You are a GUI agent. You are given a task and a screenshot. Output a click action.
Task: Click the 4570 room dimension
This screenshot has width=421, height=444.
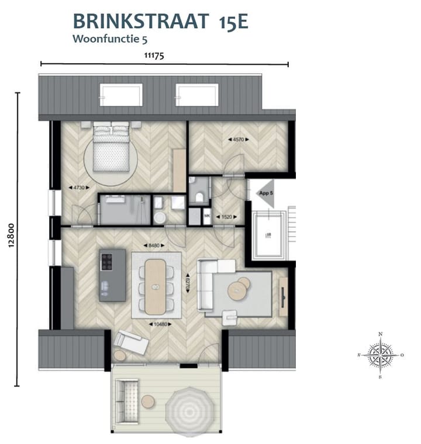coord(238,140)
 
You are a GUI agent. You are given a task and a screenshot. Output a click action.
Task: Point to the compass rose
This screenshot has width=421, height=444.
coord(381,355)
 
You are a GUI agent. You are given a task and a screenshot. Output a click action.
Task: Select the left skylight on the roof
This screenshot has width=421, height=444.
coord(121,95)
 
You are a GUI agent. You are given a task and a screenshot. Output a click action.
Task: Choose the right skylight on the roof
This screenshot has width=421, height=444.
coord(197,95)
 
